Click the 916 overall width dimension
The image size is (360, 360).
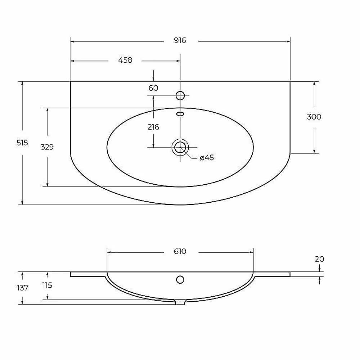point(180,40)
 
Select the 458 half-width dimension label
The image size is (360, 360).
point(125,60)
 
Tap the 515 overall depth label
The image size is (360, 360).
point(22,143)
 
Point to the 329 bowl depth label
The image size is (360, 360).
point(47,147)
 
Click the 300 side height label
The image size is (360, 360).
point(314,117)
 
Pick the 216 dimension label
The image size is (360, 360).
point(153,127)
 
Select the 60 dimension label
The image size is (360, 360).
point(153,88)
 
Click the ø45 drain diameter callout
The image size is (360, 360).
point(207,158)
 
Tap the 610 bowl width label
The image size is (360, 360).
point(180,251)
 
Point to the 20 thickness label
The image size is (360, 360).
point(319,259)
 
